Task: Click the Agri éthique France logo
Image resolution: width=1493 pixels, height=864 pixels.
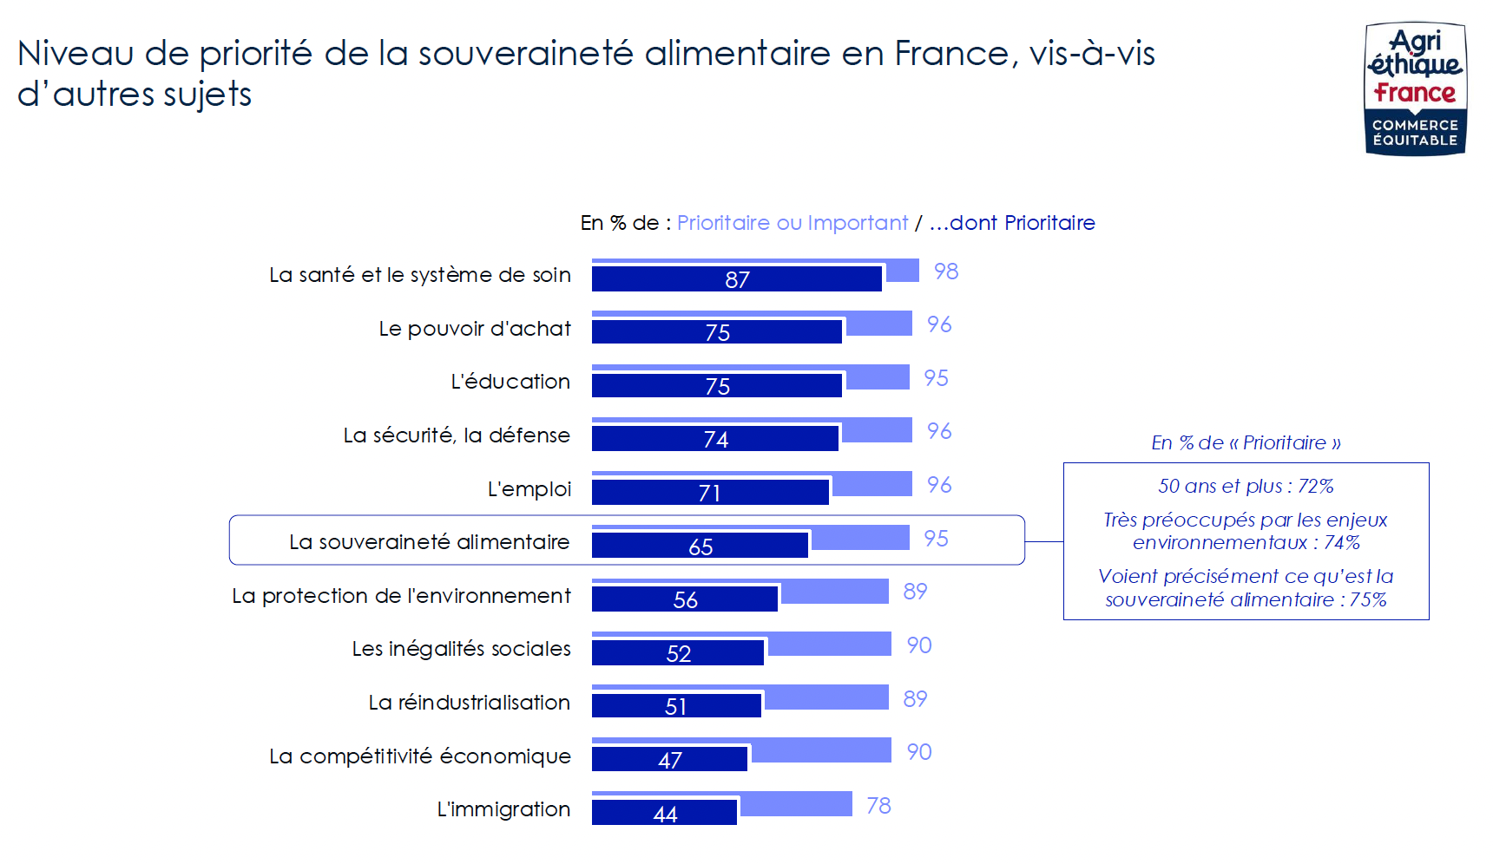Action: tap(1415, 88)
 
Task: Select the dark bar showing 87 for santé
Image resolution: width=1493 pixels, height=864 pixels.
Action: tap(736, 279)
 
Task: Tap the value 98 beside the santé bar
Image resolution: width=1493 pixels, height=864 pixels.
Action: tap(946, 272)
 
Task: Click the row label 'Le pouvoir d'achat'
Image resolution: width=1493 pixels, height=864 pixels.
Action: tap(475, 329)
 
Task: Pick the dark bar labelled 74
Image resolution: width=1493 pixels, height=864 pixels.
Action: tap(715, 439)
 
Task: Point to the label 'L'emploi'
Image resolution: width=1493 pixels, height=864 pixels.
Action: tap(529, 489)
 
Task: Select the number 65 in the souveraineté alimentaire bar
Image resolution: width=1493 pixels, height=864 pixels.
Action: tap(700, 547)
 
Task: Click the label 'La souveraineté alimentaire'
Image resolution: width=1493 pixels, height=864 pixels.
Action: tap(429, 542)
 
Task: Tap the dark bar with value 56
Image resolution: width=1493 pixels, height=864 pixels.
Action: tap(684, 599)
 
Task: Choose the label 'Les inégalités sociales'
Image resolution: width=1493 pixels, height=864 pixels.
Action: tap(461, 649)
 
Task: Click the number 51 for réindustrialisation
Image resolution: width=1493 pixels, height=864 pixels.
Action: tap(675, 707)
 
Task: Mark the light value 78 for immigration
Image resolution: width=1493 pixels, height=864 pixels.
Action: tap(878, 806)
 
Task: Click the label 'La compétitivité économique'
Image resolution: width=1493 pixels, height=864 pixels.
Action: tap(419, 756)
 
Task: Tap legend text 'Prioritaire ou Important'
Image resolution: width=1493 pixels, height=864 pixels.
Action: tap(792, 223)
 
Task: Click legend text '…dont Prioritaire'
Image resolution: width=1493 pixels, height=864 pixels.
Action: tap(1012, 223)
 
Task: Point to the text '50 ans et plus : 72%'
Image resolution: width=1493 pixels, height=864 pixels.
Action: tap(1245, 486)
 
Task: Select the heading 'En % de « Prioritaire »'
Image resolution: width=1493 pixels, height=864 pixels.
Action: tap(1245, 443)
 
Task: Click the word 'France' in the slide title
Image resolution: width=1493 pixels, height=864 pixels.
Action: tap(951, 54)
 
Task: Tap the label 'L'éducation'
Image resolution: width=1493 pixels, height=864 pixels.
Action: tap(510, 382)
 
